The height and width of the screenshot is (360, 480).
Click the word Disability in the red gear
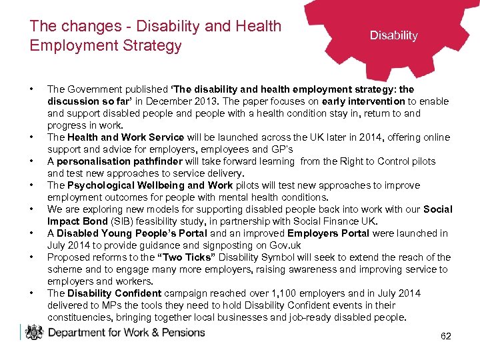tap(393, 35)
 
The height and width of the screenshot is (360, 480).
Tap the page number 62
tap(446, 336)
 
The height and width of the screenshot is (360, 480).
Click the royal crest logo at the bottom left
tap(33, 332)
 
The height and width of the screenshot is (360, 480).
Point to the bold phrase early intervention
tap(363, 101)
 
